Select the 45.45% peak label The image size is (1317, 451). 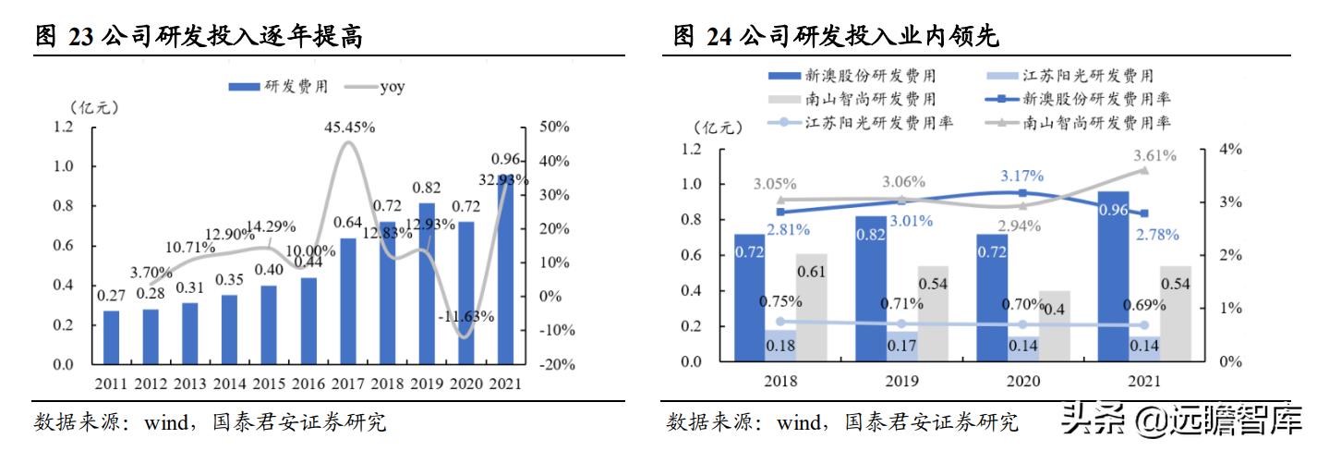349,128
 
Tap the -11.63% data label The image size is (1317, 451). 465,316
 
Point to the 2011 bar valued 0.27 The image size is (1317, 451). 111,337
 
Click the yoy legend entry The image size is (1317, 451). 374,87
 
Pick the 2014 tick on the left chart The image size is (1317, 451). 230,384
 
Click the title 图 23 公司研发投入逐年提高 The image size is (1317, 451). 199,38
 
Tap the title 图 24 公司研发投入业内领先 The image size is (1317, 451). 837,38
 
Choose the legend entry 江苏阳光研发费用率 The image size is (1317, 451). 867,122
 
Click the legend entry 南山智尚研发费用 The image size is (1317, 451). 860,99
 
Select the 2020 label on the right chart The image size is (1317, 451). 1022,381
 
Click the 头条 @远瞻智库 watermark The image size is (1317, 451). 1183,421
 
